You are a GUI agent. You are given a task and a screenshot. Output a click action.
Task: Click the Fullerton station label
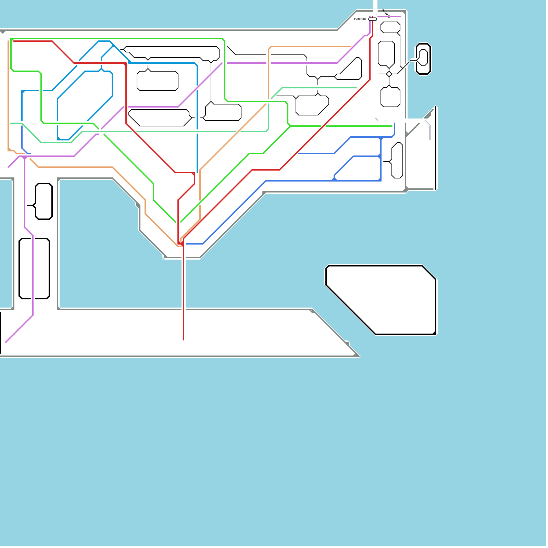(360, 19)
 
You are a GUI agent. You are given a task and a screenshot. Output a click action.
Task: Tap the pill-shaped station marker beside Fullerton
(373, 19)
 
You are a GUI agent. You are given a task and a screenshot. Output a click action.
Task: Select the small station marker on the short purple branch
(389, 16)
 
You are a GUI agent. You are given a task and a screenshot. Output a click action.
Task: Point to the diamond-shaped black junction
(389, 74)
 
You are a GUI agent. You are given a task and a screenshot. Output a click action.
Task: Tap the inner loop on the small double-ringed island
(423, 58)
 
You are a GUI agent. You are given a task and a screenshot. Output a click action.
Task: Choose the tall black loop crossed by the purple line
(34, 269)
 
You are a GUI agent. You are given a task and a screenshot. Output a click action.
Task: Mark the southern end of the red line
(184, 340)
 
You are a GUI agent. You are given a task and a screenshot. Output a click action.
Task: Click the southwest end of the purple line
(6, 342)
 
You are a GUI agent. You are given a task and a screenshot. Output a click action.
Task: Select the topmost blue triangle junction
(381, 138)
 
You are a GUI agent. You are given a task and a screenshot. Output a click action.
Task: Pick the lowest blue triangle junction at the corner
(379, 179)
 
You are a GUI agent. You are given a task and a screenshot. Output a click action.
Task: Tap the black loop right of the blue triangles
(397, 160)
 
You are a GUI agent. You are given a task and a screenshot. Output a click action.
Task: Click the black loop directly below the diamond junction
(390, 97)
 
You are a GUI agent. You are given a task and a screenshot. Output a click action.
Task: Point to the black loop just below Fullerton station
(390, 27)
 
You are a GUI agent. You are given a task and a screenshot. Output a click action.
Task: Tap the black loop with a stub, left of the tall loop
(44, 201)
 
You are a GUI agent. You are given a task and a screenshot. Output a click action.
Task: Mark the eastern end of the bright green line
(392, 126)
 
